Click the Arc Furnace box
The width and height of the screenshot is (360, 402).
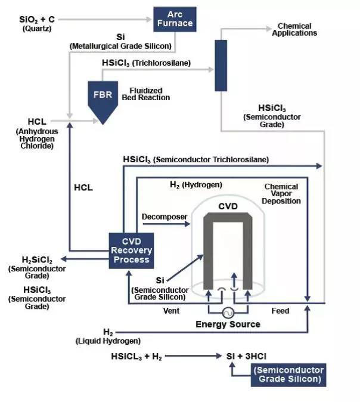click(x=175, y=19)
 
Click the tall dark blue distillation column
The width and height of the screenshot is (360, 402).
click(x=222, y=65)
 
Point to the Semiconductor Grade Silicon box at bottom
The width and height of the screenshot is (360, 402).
click(x=288, y=375)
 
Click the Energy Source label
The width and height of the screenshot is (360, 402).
click(x=228, y=324)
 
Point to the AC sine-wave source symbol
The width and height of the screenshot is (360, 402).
click(x=228, y=313)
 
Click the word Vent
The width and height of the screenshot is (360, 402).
click(x=171, y=311)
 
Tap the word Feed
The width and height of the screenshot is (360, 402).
click(x=280, y=311)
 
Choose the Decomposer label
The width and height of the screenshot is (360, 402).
click(x=165, y=216)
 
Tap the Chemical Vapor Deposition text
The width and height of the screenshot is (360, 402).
click(x=282, y=193)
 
